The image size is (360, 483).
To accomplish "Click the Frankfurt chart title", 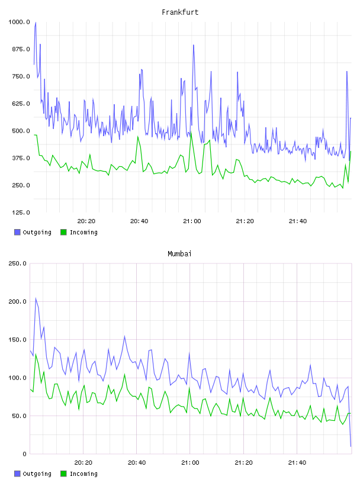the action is coord(180,12).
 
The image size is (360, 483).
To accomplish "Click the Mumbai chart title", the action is coord(179,254).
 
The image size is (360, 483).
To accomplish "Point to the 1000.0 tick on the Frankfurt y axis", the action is coord(19,22).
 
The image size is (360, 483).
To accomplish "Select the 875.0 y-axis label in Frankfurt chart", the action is coord(21,49).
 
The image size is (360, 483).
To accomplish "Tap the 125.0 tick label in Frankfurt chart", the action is coord(21,212).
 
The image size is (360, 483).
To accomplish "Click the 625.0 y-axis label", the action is coord(21,104).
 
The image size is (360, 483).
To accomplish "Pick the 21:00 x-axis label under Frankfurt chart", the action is coord(192,221).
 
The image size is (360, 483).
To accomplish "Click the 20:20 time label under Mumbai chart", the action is coord(83,463).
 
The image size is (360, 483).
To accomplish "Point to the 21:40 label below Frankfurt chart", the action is coord(298,221).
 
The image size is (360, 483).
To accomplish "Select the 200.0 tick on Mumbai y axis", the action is coord(17,301).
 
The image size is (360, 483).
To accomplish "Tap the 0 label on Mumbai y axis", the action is coord(24,454).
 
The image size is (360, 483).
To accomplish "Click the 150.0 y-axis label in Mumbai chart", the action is coord(17,340).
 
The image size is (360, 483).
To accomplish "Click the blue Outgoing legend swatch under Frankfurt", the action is coord(17,232).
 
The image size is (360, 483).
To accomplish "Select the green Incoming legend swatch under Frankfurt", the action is coord(63,232).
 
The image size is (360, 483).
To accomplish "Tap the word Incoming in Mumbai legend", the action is coord(83,474).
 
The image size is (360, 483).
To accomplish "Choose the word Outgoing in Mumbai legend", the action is coord(37,474).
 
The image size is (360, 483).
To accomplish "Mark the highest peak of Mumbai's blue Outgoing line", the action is coord(36,298).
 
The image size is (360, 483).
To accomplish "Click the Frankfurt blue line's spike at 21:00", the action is coord(194,45).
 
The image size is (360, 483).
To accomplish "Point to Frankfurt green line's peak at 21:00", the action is coord(191,133).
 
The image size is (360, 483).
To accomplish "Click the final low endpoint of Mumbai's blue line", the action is coord(351,446).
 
